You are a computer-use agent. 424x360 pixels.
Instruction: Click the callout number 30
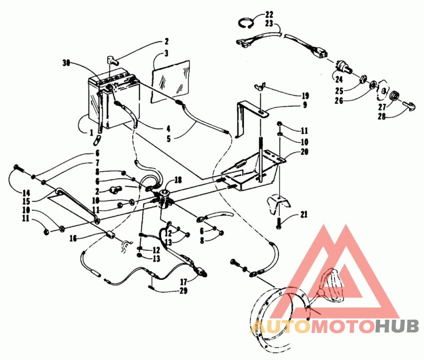(x=66, y=63)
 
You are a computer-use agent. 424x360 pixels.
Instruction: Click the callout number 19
(x=305, y=96)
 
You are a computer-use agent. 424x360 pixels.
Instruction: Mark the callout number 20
(x=304, y=151)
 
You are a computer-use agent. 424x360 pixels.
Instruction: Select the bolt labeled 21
(x=279, y=223)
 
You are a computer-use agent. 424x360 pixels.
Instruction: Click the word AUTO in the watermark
(x=279, y=326)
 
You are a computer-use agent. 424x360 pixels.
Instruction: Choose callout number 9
(x=305, y=105)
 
